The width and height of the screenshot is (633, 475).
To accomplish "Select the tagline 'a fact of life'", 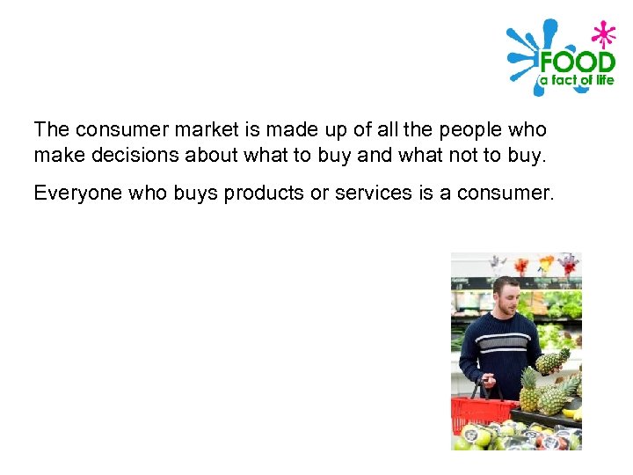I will point(576,80).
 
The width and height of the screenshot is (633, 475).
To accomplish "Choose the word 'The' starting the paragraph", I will point(51,130).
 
